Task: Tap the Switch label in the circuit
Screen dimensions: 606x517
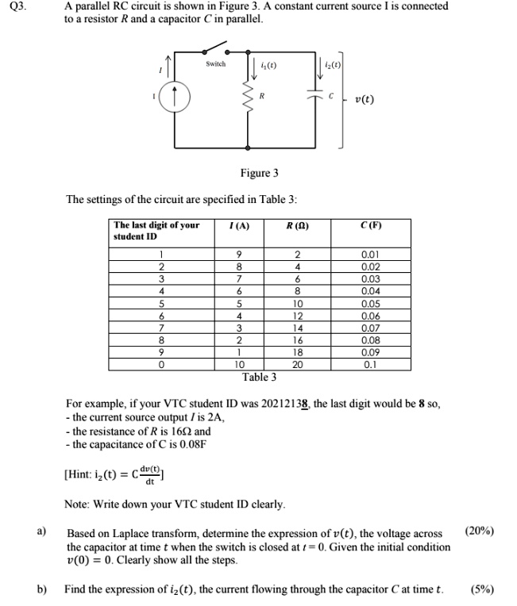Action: click(x=215, y=63)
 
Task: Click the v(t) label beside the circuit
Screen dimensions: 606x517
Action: click(x=365, y=100)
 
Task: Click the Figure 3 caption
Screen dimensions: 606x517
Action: click(x=259, y=173)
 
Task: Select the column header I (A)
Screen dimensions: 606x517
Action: click(x=238, y=226)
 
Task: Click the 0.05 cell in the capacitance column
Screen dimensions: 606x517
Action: click(x=371, y=304)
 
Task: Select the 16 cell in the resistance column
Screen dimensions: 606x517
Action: click(x=299, y=339)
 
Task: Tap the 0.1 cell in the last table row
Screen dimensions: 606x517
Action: click(x=371, y=364)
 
